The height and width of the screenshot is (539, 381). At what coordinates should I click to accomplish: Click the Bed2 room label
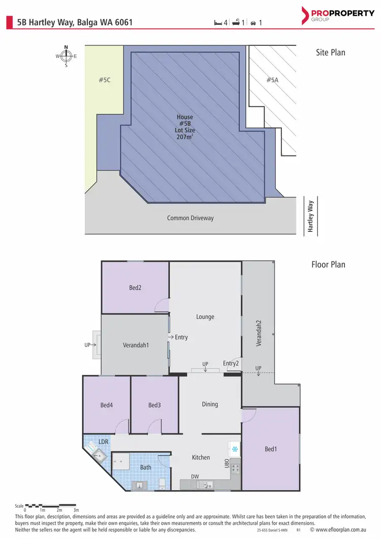135,287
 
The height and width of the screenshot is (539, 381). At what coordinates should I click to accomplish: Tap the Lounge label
205,317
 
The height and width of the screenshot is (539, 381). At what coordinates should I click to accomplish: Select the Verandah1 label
136,345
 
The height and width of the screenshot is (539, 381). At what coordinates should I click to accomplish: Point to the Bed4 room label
106,405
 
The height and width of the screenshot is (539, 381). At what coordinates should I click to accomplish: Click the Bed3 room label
154,405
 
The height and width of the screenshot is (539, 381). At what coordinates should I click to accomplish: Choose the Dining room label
210,404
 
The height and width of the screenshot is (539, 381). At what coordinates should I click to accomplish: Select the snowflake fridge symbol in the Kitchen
235,450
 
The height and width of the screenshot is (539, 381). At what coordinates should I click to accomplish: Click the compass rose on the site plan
66,56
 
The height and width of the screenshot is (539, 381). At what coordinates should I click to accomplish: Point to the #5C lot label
105,80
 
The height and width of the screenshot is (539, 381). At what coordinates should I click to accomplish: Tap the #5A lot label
272,80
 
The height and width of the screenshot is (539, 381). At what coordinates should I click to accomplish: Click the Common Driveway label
190,218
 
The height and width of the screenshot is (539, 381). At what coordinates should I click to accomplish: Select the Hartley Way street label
311,216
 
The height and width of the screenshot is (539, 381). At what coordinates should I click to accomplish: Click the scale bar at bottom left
51,506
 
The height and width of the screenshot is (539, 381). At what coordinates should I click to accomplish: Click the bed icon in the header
218,23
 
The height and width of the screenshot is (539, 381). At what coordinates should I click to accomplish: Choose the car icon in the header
253,23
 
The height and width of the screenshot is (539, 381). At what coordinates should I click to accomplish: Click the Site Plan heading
330,52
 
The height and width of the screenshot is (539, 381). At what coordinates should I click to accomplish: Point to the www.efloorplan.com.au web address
337,530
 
